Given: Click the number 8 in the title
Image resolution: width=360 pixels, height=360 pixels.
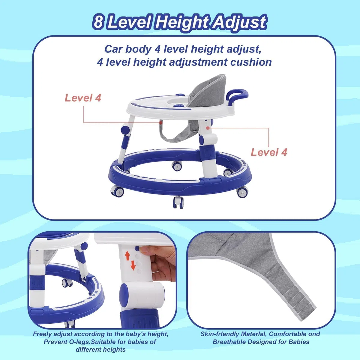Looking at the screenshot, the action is (98, 22).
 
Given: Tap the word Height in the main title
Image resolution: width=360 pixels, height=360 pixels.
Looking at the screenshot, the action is (181, 23).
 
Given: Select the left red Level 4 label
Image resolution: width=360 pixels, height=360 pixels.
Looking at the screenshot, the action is (83, 98).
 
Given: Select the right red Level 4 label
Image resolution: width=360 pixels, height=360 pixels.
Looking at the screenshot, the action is (268, 152).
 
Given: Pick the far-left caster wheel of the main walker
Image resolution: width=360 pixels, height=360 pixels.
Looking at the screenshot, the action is (117, 191).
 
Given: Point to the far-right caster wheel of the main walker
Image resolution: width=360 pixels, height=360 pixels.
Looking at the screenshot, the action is (242, 192).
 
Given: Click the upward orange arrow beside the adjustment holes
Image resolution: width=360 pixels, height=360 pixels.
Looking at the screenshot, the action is (127, 256).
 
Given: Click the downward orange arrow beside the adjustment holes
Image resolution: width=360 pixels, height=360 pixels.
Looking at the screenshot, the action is (133, 265).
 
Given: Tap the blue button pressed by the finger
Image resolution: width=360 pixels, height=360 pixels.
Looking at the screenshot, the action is (137, 248).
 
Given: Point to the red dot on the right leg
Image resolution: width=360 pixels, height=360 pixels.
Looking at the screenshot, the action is (208, 128).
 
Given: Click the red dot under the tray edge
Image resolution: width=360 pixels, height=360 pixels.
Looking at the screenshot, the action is (161, 123).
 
